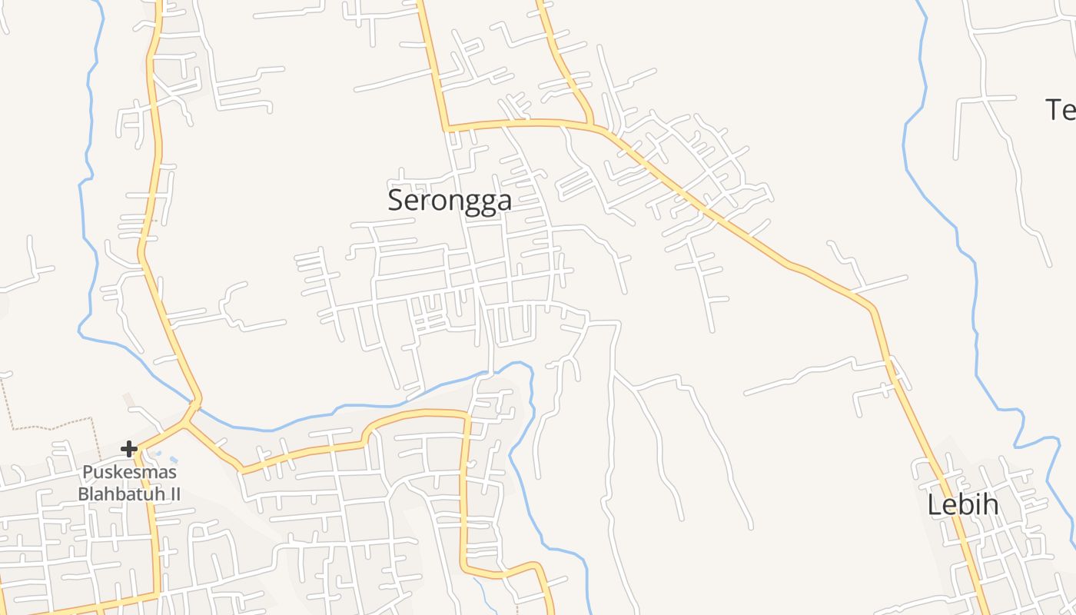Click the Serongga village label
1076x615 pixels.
(x=450, y=200)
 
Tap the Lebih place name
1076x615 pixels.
(x=962, y=505)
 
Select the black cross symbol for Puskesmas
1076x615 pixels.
(x=129, y=448)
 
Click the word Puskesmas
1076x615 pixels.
(x=129, y=472)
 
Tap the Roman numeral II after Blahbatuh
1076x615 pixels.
(x=173, y=494)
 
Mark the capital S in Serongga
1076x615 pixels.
(x=396, y=201)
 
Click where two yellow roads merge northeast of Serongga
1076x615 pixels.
(x=592, y=125)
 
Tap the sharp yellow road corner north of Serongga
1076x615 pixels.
(x=445, y=128)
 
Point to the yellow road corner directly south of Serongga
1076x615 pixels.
(x=465, y=416)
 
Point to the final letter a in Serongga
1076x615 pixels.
(x=503, y=201)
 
